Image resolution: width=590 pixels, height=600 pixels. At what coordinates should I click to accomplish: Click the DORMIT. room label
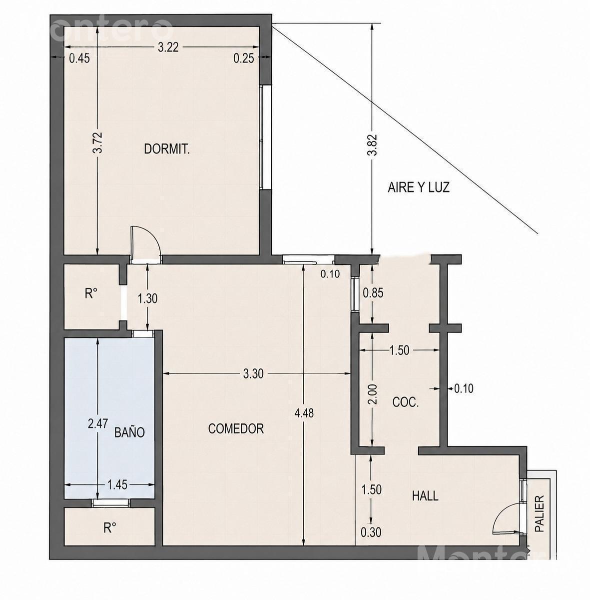pos(167,149)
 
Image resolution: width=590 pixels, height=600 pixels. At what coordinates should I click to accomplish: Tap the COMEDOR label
pos(236,428)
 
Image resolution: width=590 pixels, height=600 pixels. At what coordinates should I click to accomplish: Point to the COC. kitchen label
pos(406,402)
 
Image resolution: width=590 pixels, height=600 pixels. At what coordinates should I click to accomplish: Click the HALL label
pos(425,495)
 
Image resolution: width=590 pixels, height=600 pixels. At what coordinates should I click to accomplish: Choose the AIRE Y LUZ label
pos(419,187)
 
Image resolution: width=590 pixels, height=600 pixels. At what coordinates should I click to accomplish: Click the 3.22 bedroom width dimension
pos(168,47)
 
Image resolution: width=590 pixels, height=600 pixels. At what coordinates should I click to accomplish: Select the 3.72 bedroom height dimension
pos(98,143)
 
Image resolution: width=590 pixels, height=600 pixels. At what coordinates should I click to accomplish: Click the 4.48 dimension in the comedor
pos(304,413)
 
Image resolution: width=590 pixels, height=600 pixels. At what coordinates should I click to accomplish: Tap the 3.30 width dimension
pos(253,373)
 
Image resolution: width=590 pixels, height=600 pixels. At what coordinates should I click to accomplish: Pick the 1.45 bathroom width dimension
pos(117,484)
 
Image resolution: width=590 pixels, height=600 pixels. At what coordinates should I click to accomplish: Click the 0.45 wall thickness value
pos(79,58)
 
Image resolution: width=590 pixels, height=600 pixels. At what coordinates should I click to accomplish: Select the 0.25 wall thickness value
pos(244,58)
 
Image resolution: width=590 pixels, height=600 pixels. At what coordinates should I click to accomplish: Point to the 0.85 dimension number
pos(373,293)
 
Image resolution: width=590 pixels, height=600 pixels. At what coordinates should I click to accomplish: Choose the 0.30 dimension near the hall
pos(371,532)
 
